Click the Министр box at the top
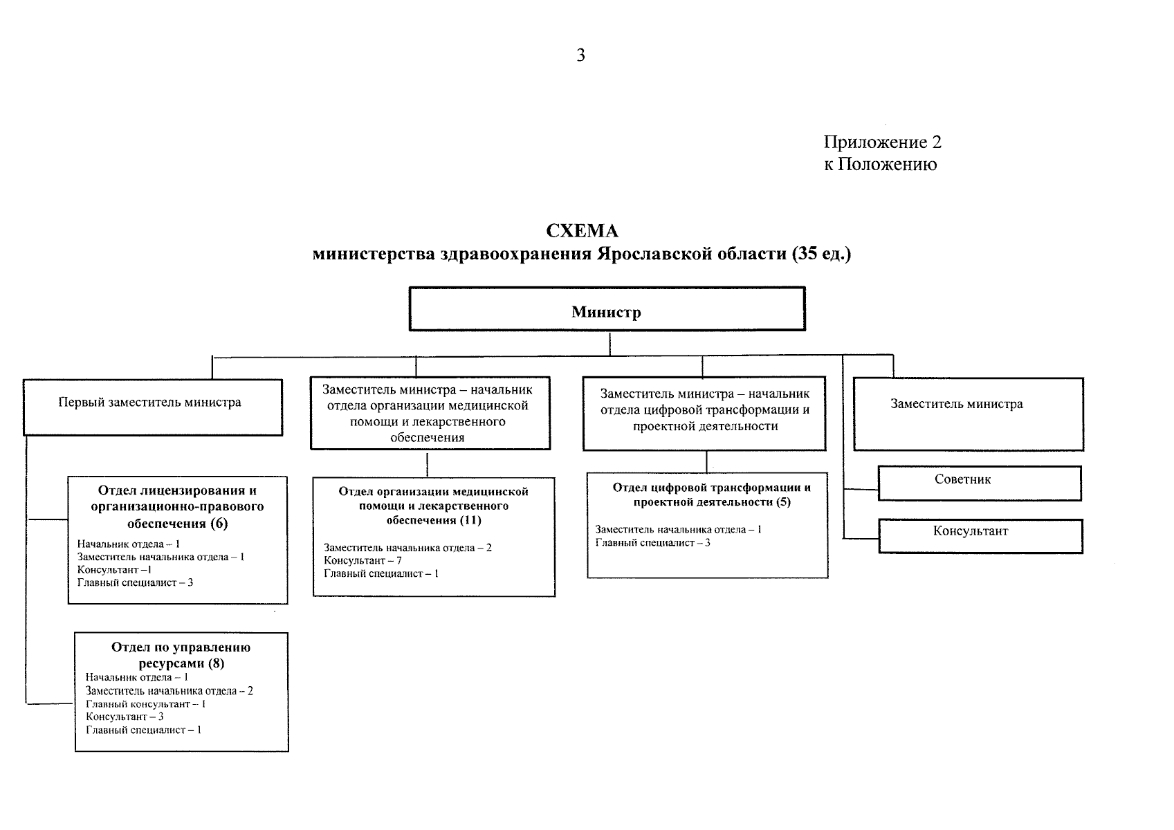pyautogui.click(x=607, y=311)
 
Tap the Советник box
pyautogui.click(x=979, y=482)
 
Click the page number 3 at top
pyautogui.click(x=580, y=55)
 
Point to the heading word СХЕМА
pyautogui.click(x=581, y=231)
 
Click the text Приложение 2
pyautogui.click(x=882, y=142)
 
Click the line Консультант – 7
pyautogui.click(x=363, y=560)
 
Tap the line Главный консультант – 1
pyautogui.click(x=145, y=704)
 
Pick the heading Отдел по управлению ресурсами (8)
pyautogui.click(x=181, y=655)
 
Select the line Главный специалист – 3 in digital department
pyautogui.click(x=652, y=543)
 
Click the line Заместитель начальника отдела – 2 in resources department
pyautogui.click(x=169, y=691)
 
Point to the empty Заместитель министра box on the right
pyautogui.click(x=968, y=414)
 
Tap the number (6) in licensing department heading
pyautogui.click(x=219, y=523)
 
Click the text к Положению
pyautogui.click(x=880, y=165)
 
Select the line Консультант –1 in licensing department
pyautogui.click(x=114, y=570)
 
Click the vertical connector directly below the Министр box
pyautogui.click(x=609, y=344)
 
